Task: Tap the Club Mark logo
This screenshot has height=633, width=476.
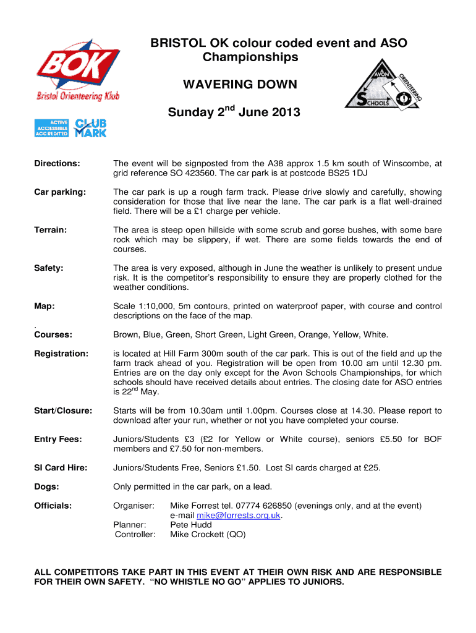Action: pyautogui.click(x=90, y=128)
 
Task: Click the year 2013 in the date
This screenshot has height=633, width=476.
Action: pyautogui.click(x=283, y=113)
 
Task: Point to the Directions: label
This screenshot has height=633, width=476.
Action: pyautogui.click(x=57, y=164)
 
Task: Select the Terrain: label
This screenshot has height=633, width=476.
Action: pyautogui.click(x=51, y=230)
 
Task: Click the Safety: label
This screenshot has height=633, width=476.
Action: pyautogui.click(x=48, y=268)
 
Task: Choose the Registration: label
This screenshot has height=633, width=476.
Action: pyautogui.click(x=61, y=354)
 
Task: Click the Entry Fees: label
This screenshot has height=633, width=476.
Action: pyautogui.click(x=57, y=439)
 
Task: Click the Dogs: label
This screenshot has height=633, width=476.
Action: pyautogui.click(x=46, y=486)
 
